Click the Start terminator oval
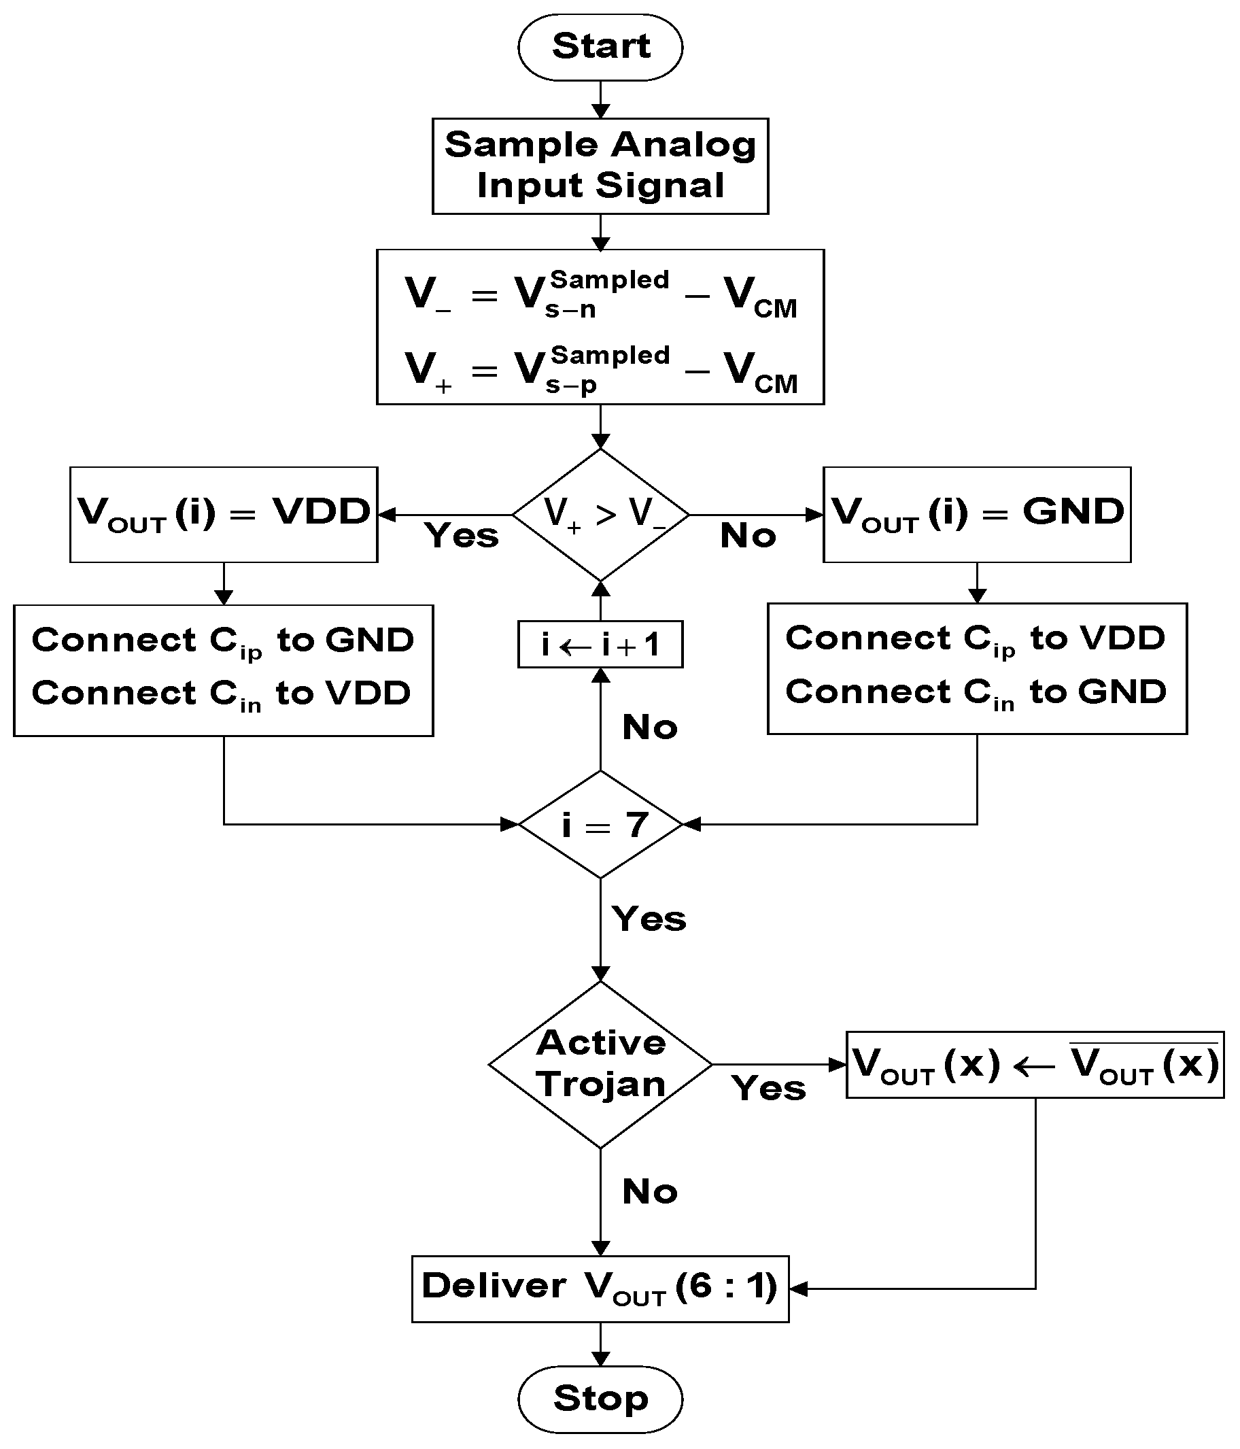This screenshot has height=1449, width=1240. (x=600, y=47)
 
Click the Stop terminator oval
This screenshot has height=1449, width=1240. (x=600, y=1399)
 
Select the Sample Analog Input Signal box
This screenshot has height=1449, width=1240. (x=600, y=166)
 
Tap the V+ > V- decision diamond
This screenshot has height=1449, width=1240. (x=600, y=515)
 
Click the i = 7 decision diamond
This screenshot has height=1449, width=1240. (x=600, y=825)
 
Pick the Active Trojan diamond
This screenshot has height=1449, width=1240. (x=600, y=1064)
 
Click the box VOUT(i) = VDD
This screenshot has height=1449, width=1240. (x=223, y=514)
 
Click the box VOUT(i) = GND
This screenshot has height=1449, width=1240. (x=976, y=514)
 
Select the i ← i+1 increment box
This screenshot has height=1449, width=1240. (x=600, y=644)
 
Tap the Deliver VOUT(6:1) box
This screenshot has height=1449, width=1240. (x=600, y=1288)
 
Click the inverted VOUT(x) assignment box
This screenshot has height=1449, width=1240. (x=1035, y=1064)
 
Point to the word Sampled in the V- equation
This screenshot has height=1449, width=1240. (x=609, y=279)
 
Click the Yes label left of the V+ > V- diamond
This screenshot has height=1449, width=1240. (x=462, y=536)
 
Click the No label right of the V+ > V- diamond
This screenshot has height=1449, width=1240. (x=748, y=536)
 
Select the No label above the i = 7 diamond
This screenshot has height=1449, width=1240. (x=649, y=728)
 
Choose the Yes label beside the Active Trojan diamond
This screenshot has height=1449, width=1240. (x=768, y=1088)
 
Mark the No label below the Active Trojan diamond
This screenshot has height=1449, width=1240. (x=649, y=1192)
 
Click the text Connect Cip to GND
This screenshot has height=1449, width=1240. (x=223, y=641)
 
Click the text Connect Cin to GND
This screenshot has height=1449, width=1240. (x=976, y=692)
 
